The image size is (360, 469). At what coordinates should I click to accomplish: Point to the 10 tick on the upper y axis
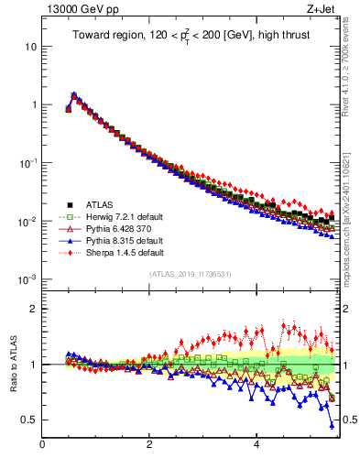point(31,46)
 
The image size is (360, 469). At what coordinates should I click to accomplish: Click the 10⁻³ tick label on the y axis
point(27,279)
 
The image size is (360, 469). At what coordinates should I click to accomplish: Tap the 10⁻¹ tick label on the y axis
point(27,162)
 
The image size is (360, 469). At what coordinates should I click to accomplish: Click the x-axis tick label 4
point(256,445)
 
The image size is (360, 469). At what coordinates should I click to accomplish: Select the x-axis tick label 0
point(42,445)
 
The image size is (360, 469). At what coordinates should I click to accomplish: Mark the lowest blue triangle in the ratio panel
point(331,424)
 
